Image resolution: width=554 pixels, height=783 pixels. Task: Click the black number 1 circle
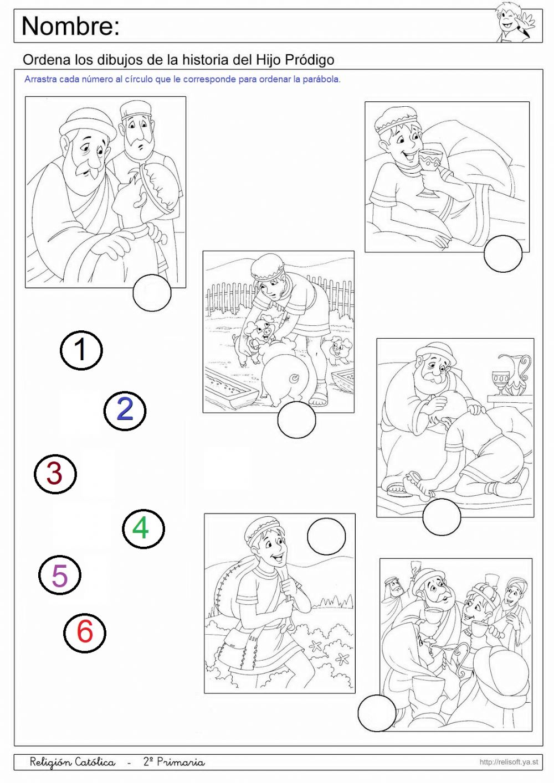click(x=81, y=350)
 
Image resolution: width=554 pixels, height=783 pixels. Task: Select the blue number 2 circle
click(x=125, y=411)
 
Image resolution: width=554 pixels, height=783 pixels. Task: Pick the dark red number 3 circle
click(x=55, y=474)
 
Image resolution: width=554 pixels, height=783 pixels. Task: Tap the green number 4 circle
click(x=143, y=529)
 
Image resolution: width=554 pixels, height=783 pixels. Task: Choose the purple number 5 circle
click(x=59, y=575)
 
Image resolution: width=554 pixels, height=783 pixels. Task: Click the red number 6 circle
click(x=85, y=632)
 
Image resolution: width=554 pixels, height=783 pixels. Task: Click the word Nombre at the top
click(x=71, y=26)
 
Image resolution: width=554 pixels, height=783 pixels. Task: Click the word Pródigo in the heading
click(x=310, y=60)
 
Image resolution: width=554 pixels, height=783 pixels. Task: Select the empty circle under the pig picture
click(x=296, y=419)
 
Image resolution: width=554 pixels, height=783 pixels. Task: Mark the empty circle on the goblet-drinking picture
click(x=503, y=253)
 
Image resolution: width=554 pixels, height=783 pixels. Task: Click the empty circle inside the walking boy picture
click(x=326, y=536)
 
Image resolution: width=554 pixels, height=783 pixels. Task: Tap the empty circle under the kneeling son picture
click(x=442, y=517)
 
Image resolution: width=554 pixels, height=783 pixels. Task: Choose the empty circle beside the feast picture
click(x=377, y=713)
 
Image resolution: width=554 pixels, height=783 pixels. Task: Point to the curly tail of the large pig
click(x=294, y=377)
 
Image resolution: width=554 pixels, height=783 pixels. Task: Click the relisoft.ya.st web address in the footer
click(x=509, y=762)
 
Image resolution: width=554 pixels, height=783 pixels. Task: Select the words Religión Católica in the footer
click(x=73, y=761)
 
